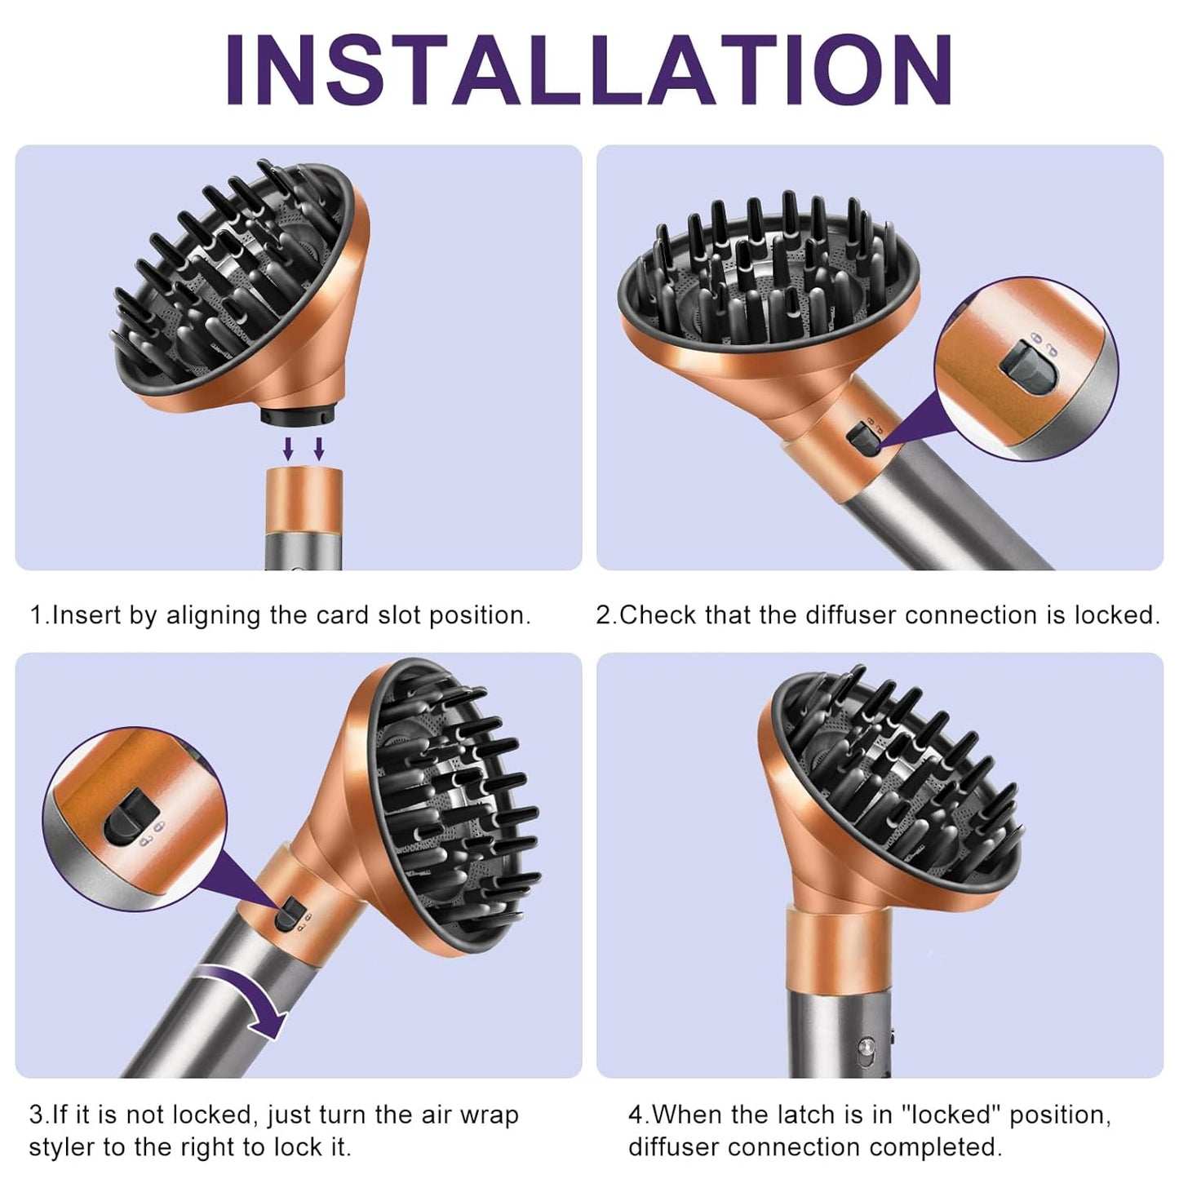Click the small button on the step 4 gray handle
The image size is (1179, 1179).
click(871, 1047)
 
